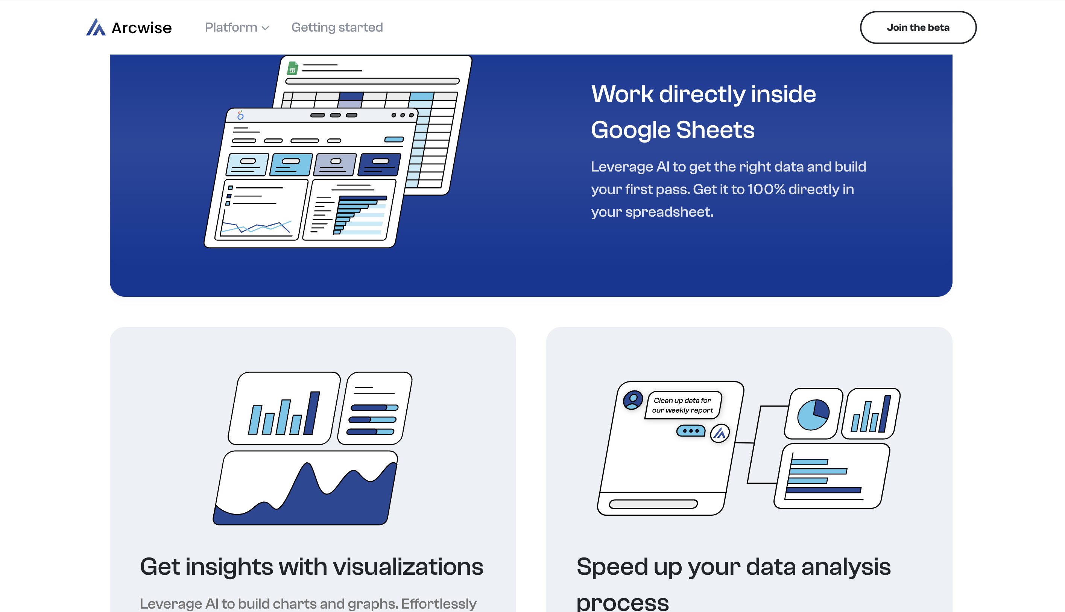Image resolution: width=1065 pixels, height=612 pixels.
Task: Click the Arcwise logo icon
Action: [x=96, y=27]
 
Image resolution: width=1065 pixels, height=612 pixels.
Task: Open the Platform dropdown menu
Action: [x=237, y=27]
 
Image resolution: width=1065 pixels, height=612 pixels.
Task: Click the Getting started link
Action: [x=337, y=27]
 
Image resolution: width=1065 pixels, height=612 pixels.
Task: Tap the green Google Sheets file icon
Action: [x=293, y=68]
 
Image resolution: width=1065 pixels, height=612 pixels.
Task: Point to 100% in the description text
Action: [x=766, y=189]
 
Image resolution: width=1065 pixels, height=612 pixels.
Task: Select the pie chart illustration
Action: [x=813, y=415]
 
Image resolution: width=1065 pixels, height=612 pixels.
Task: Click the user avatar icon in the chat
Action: [x=633, y=400]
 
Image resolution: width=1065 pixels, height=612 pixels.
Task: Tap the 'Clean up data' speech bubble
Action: [x=683, y=405]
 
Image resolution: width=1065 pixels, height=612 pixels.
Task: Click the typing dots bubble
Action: [x=691, y=430]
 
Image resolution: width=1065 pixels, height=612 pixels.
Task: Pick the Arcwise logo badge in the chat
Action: [x=720, y=433]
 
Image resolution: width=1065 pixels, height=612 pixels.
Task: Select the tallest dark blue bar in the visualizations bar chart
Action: [x=312, y=413]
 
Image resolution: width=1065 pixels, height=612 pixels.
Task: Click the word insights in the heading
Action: [x=229, y=566]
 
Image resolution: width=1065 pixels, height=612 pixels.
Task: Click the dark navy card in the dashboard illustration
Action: [x=379, y=164]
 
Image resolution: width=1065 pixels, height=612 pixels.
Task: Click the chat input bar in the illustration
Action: [x=653, y=504]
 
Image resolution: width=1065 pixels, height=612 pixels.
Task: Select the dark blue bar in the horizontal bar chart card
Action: [x=823, y=490]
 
